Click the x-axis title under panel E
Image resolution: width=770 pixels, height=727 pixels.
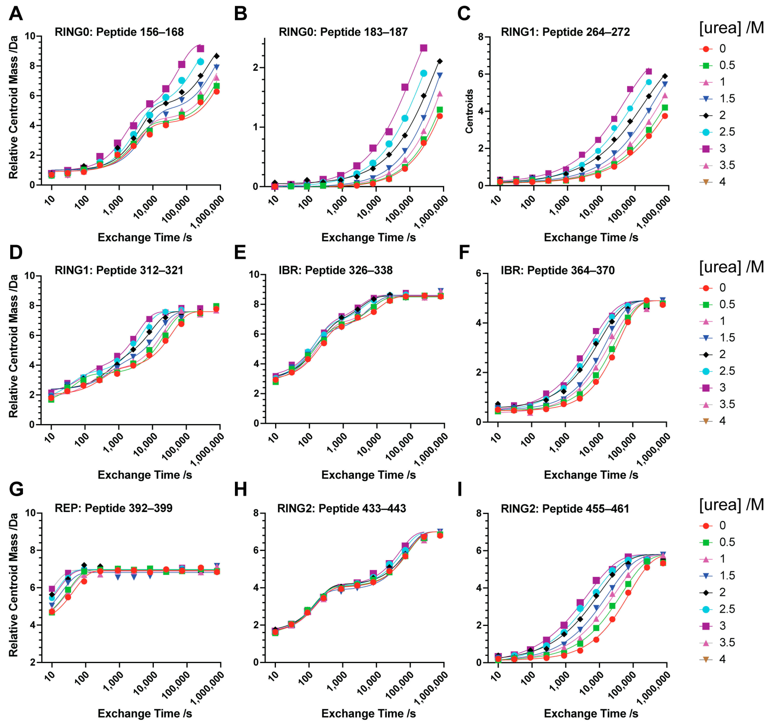(x=368, y=475)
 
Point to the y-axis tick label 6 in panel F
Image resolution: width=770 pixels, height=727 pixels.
(x=478, y=274)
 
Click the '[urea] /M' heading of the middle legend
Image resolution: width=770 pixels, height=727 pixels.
(x=731, y=267)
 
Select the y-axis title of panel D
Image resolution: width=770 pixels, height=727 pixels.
(x=14, y=346)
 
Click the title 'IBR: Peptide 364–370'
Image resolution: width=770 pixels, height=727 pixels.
(x=558, y=270)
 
